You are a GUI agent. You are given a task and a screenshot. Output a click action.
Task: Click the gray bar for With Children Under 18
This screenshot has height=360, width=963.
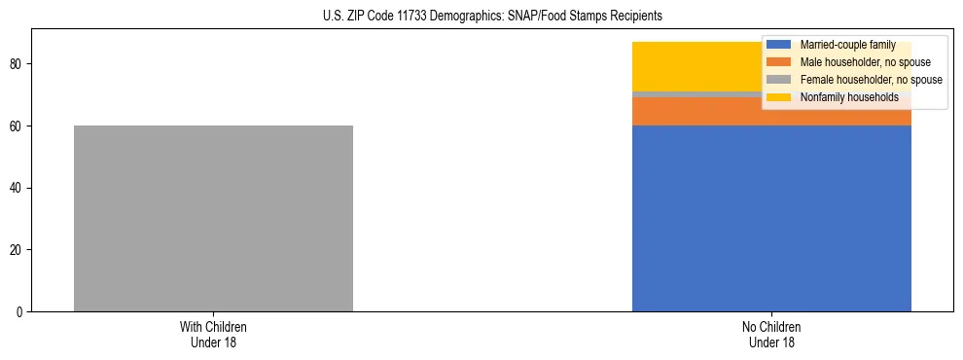tap(213, 218)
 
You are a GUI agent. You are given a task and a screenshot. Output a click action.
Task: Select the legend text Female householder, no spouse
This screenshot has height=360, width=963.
tap(871, 80)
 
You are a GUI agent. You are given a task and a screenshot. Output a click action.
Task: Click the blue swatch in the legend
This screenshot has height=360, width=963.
tap(778, 45)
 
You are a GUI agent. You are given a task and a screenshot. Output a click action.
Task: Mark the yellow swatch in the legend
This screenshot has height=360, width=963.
tap(778, 97)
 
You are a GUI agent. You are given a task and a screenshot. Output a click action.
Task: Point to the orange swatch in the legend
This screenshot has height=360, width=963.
tap(778, 62)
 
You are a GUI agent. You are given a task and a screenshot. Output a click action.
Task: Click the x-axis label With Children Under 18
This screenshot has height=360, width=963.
tap(213, 334)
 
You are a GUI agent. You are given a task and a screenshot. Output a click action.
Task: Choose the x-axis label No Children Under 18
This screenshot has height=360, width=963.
tap(771, 334)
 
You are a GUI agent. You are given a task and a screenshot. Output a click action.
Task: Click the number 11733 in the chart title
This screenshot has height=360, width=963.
tap(420, 17)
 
